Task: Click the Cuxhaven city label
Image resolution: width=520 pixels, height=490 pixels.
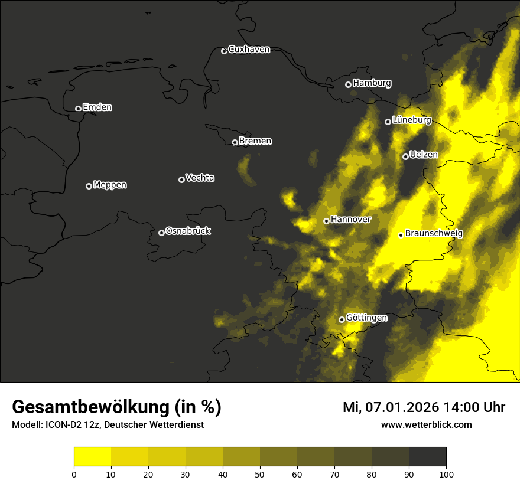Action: coord(249,50)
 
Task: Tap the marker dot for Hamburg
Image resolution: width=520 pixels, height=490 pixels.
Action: coord(348,84)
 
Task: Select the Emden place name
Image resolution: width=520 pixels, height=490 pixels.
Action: coord(97,107)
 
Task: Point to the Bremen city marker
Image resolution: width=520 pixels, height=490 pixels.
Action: coord(235,142)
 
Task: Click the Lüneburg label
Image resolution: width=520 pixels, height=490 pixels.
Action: coord(411,120)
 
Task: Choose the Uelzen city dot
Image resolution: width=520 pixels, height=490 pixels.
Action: coord(405,156)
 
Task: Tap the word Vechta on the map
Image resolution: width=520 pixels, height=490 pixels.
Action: coord(200,178)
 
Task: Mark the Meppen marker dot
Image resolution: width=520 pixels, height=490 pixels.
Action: coord(89,186)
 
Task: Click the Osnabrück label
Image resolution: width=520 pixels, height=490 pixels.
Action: coord(188,231)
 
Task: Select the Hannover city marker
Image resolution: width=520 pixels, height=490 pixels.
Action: coord(326,221)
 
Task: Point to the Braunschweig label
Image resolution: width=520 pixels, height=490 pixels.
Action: coord(434,233)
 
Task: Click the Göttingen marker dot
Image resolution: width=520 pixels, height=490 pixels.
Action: coord(342,319)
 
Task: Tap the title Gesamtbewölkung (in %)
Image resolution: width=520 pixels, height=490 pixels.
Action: coord(116,407)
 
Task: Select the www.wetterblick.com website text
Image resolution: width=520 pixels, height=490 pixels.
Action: coord(426,424)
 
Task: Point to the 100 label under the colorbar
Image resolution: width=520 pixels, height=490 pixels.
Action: coord(446,474)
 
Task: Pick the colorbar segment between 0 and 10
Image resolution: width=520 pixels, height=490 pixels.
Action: coord(92,457)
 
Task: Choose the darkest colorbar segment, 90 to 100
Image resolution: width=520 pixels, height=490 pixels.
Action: coord(427,457)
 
